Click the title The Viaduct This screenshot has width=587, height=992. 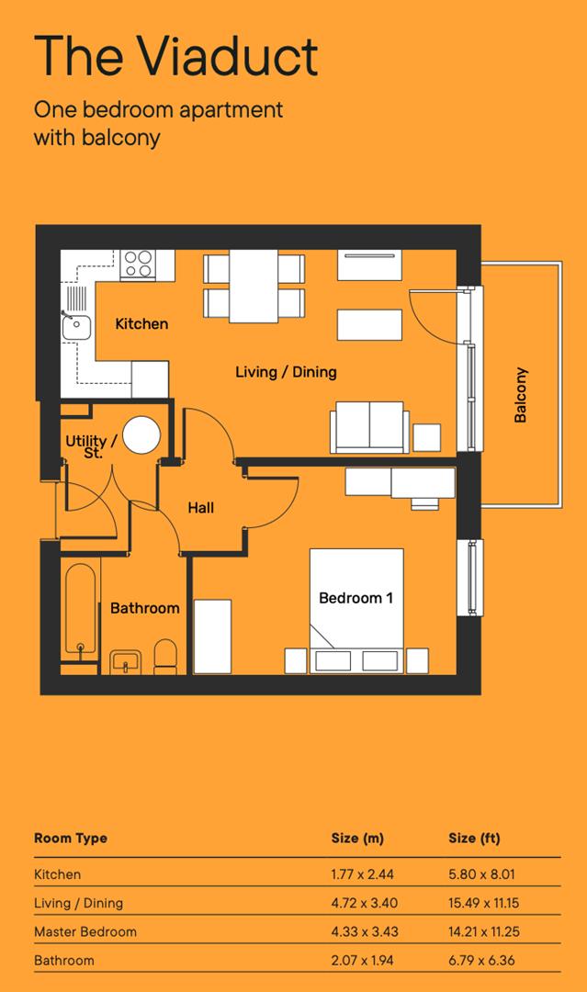click(175, 56)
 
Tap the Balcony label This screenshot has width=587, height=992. click(521, 395)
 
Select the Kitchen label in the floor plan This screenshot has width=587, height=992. click(141, 323)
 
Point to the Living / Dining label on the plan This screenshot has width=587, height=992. click(286, 372)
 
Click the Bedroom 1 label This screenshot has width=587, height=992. click(356, 598)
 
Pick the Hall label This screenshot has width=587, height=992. click(200, 507)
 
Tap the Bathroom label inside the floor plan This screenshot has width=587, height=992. click(144, 608)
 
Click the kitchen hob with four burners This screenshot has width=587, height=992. click(138, 265)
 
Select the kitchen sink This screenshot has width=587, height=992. click(74, 323)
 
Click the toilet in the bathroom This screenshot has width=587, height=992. click(165, 656)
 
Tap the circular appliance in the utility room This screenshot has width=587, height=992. click(142, 435)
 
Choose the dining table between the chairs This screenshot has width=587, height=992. click(254, 286)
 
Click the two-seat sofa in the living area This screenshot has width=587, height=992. click(369, 427)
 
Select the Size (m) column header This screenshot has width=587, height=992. click(357, 839)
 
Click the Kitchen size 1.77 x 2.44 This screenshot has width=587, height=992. click(362, 874)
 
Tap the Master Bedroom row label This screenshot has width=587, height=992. click(85, 931)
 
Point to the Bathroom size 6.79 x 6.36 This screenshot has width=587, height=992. click(483, 960)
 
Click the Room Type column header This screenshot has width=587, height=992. click(71, 839)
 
